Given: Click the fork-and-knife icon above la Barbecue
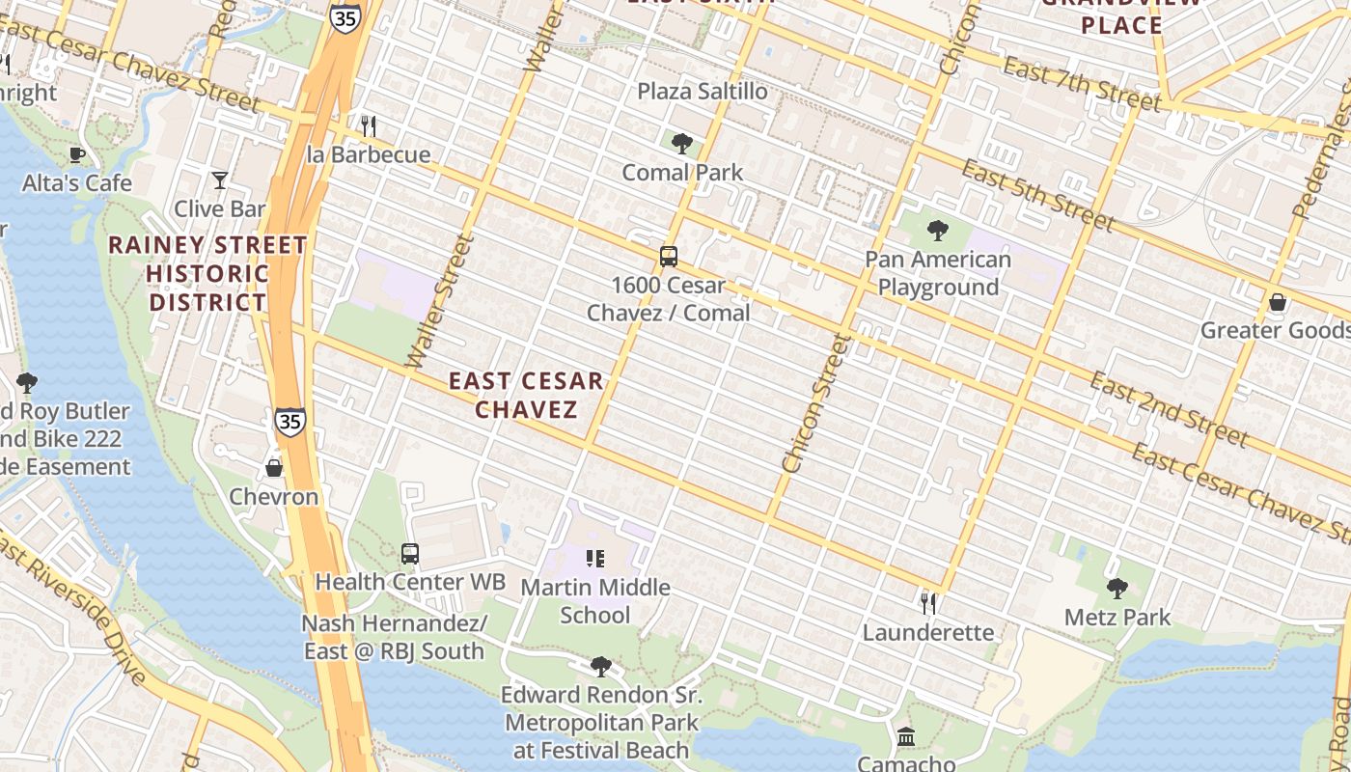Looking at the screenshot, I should (368, 125).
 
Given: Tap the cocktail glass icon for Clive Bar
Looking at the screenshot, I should (220, 180).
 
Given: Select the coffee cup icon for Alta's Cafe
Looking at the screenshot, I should (77, 154).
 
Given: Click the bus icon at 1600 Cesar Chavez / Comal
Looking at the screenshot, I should (669, 257).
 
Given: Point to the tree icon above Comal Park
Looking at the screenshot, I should (682, 145).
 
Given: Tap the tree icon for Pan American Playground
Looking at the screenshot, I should (937, 231).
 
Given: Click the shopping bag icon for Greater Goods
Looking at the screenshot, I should (1278, 302).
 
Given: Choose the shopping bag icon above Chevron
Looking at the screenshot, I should (274, 468).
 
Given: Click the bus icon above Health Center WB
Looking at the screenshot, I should (410, 554).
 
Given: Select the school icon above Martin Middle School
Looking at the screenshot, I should (595, 558).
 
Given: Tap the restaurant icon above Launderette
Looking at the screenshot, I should (928, 604).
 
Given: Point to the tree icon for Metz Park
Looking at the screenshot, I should (1117, 589).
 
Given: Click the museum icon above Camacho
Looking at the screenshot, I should (906, 737).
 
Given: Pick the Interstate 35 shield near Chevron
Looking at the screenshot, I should (289, 421).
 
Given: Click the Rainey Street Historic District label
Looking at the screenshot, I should (207, 273).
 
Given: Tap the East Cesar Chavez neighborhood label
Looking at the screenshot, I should (526, 395).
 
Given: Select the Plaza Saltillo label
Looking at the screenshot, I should (703, 92).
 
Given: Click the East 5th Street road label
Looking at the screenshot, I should (1038, 197).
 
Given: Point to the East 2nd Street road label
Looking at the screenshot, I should (1169, 408).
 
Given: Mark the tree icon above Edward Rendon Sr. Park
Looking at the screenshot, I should (601, 667).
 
